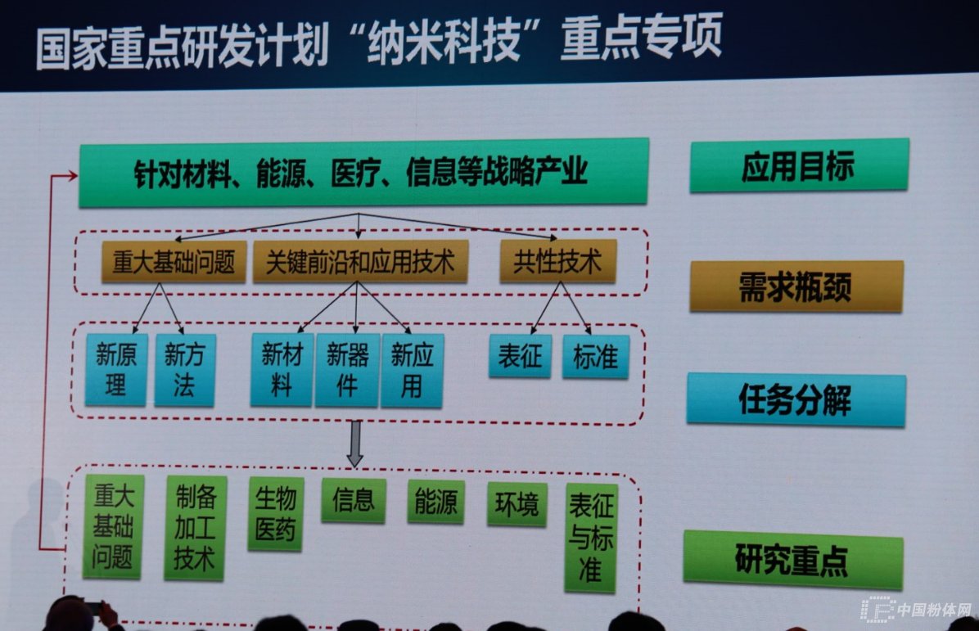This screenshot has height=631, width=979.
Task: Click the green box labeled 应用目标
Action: pyautogui.click(x=799, y=166)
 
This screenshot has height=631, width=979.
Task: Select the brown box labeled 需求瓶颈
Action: pyautogui.click(x=796, y=286)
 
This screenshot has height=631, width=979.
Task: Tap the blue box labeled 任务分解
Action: pyautogui.click(x=796, y=399)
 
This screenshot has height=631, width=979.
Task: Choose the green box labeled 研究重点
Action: pyautogui.click(x=793, y=559)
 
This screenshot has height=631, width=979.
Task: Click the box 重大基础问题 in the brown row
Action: pyautogui.click(x=174, y=262)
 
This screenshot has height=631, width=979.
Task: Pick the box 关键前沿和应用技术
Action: pyautogui.click(x=360, y=262)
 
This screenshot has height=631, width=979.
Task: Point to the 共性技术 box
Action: pyautogui.click(x=558, y=261)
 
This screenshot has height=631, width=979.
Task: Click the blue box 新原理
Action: pyautogui.click(x=116, y=369)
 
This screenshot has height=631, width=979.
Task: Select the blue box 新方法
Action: pyautogui.click(x=185, y=370)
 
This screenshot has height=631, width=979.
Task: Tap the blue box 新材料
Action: pyautogui.click(x=282, y=369)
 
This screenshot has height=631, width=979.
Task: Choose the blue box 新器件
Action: pyautogui.click(x=347, y=370)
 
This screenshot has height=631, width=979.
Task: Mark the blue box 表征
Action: pyautogui.click(x=520, y=356)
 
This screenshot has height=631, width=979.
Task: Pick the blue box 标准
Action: pyautogui.click(x=595, y=356)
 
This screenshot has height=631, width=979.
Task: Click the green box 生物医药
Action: pyautogui.click(x=275, y=514)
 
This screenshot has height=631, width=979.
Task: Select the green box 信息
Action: pyautogui.click(x=354, y=501)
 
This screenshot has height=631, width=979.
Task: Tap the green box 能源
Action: pyautogui.click(x=435, y=502)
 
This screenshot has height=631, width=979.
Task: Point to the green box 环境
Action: pyautogui.click(x=517, y=503)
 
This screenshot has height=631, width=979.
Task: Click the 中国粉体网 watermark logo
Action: pyautogui.click(x=917, y=609)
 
